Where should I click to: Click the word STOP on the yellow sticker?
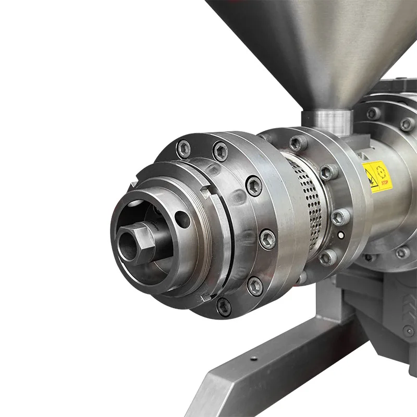[x=385, y=183]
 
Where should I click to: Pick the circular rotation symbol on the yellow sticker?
[x=382, y=170]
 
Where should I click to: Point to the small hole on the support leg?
[x=253, y=359]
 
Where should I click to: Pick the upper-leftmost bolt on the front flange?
[x=183, y=149]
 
